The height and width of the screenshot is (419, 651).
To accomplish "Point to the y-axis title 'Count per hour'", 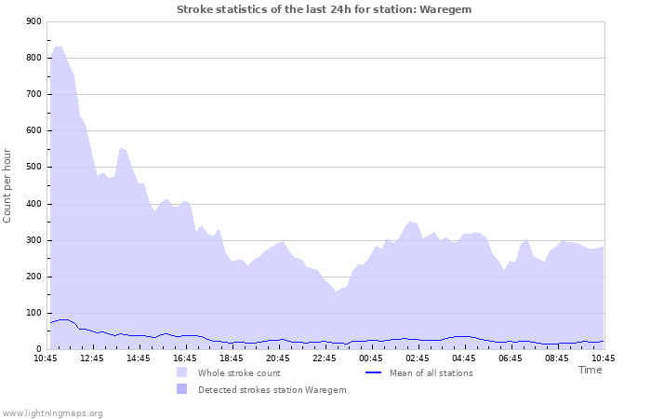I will coord(8,185).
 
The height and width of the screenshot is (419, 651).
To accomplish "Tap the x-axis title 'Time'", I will coord(590,370).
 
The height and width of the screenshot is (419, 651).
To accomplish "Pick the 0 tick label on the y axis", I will coord(37,350).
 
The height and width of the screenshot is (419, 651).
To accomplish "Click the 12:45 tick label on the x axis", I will coord(92,358).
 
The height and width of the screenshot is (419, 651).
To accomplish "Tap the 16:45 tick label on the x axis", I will coord(185,358).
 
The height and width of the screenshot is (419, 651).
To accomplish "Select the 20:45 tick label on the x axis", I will coord(278,358).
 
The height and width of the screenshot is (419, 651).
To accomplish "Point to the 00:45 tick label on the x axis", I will coord(371,358).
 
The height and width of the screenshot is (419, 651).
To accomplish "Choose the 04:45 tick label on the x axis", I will coord(464,358).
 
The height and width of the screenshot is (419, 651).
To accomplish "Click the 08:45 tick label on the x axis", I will coord(557,358).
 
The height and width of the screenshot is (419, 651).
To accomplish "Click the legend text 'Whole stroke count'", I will coord(239,373).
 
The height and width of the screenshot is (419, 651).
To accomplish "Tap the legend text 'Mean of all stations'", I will coord(431,373).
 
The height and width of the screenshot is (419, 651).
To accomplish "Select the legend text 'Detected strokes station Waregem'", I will coord(272,390).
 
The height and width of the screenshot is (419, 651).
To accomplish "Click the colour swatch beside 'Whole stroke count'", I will coord(181,373).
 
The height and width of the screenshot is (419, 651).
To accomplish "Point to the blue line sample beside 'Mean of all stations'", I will coord(373,373).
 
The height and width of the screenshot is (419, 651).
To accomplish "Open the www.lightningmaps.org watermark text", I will coord(52,413).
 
